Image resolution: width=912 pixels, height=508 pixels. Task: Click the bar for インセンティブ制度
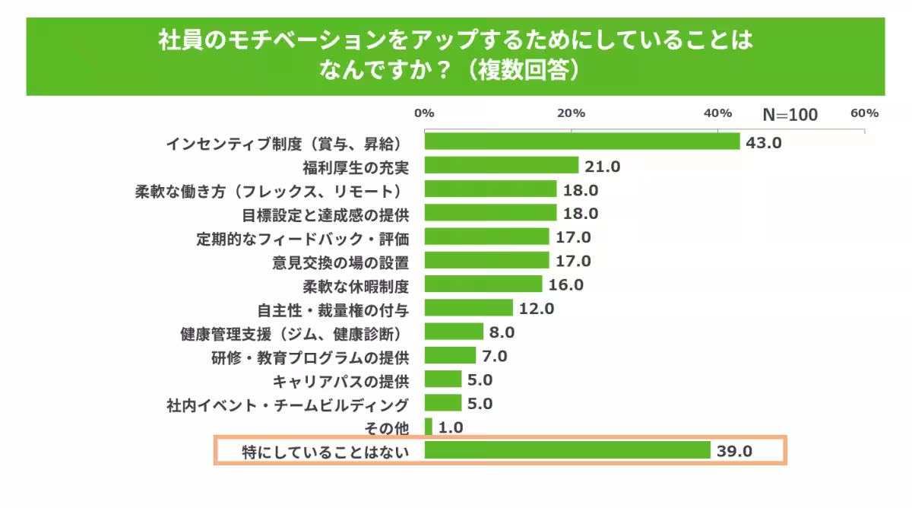pyautogui.click(x=581, y=141)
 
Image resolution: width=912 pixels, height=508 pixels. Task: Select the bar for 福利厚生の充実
pyautogui.click(x=502, y=166)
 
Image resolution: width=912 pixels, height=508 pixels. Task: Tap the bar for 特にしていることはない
pyautogui.click(x=567, y=451)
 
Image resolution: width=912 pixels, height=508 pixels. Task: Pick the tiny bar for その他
pyautogui.click(x=429, y=427)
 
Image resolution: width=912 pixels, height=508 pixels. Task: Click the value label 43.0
pyautogui.click(x=764, y=142)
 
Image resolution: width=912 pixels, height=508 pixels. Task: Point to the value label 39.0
pyautogui.click(x=734, y=451)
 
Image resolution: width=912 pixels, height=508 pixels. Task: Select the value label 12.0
pyautogui.click(x=537, y=309)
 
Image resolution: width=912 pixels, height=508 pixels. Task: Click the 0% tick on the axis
pyautogui.click(x=424, y=113)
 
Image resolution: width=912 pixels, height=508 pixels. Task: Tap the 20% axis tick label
pyautogui.click(x=571, y=113)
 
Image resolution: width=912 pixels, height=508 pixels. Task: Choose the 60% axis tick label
pyautogui.click(x=864, y=113)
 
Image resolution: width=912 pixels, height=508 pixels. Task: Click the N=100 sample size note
pyautogui.click(x=790, y=115)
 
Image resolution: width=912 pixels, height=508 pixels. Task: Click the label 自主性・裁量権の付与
pyautogui.click(x=334, y=310)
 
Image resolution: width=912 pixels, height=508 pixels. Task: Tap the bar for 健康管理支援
pyautogui.click(x=454, y=332)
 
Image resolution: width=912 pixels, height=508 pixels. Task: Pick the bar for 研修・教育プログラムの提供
pyautogui.click(x=450, y=356)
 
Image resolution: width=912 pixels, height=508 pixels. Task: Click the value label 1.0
pyautogui.click(x=451, y=427)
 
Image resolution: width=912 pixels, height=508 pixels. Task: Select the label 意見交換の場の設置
pyautogui.click(x=341, y=262)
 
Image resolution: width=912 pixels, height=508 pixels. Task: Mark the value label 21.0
pyautogui.click(x=603, y=167)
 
